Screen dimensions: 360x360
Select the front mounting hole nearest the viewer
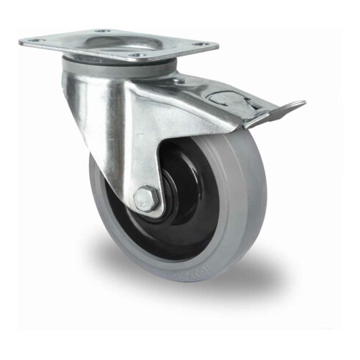coord(135,54)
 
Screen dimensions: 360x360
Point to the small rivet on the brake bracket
coord(198,92)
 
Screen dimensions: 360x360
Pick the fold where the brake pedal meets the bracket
coord(253,118)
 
